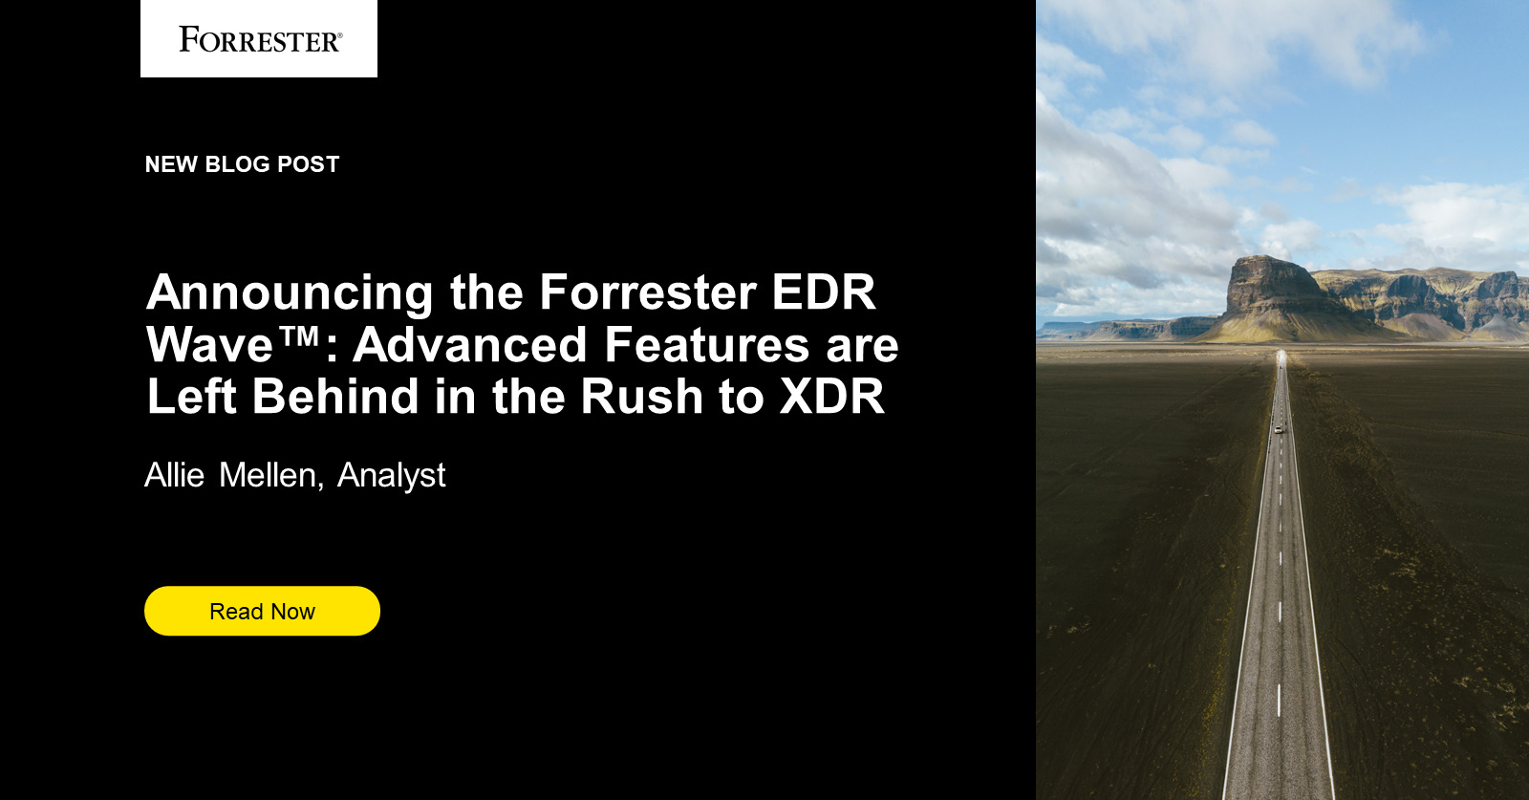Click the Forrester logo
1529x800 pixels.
[x=259, y=39]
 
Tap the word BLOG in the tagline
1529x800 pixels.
[x=237, y=164]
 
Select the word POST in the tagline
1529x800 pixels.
[x=308, y=164]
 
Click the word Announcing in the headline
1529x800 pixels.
[x=290, y=293]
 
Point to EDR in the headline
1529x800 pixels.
[x=823, y=292]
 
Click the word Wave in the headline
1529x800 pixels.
[x=210, y=345]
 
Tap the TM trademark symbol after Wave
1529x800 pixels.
[x=300, y=336]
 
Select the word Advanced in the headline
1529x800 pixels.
[x=469, y=345]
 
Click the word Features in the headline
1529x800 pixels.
[x=706, y=345]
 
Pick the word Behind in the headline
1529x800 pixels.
[x=335, y=397]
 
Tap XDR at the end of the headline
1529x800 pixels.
[x=831, y=397]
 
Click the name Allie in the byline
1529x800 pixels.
[x=174, y=475]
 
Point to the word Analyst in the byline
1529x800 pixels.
[x=391, y=476]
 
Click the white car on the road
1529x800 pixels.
[x=1278, y=429]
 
